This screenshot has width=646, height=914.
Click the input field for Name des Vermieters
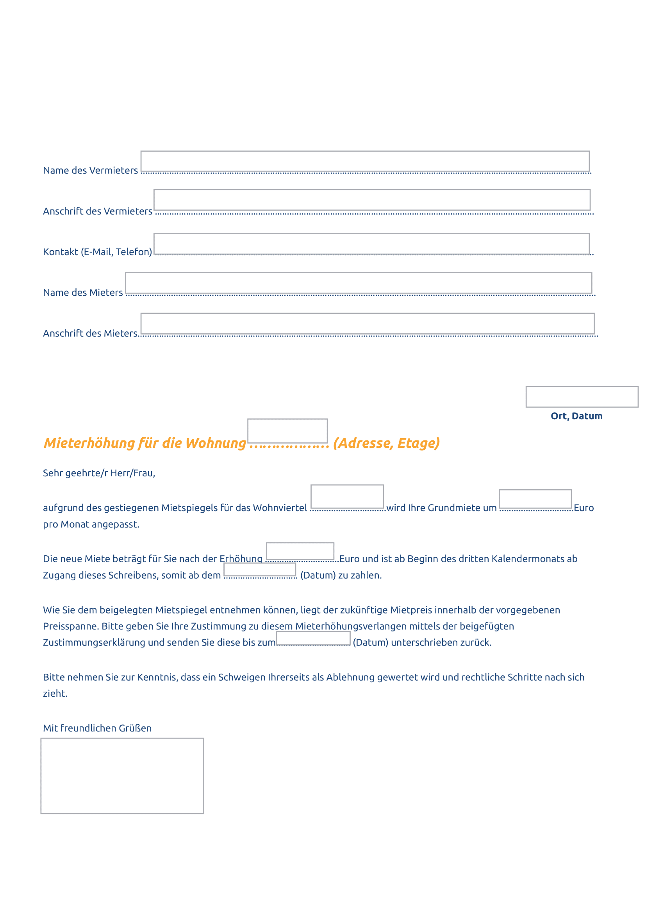[365, 161]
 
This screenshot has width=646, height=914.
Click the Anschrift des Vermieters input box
[371, 200]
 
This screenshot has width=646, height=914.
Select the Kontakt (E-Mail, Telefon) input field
[371, 243]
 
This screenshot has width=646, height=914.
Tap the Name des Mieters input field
[359, 283]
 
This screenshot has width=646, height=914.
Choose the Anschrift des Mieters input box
[367, 324]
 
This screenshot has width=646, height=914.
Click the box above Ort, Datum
[582, 397]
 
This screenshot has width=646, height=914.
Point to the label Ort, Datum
[576, 416]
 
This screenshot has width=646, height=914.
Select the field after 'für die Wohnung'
[287, 431]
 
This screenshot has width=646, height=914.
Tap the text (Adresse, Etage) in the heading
[386, 443]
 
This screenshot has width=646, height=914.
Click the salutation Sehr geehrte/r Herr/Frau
[99, 473]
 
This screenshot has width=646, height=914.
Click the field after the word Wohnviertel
[347, 496]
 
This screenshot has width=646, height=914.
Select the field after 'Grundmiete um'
[535, 499]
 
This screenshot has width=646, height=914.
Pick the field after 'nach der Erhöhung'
[300, 551]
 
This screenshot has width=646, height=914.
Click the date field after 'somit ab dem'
[260, 570]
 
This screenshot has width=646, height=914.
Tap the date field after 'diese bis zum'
[313, 638]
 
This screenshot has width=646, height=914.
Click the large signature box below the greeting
[122, 776]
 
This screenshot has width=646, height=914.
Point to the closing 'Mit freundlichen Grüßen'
[97, 728]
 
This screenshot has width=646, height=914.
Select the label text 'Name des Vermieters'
[90, 170]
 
